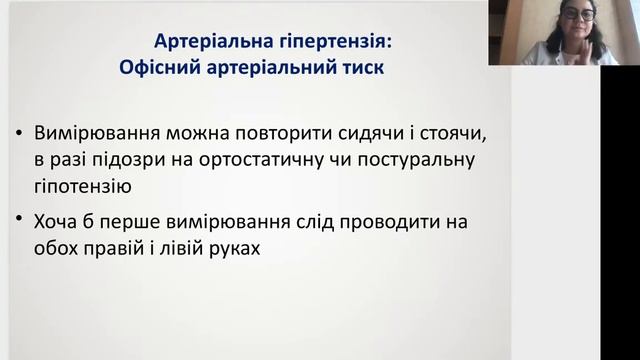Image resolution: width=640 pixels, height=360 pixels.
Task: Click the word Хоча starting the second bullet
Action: pos(59,221)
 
